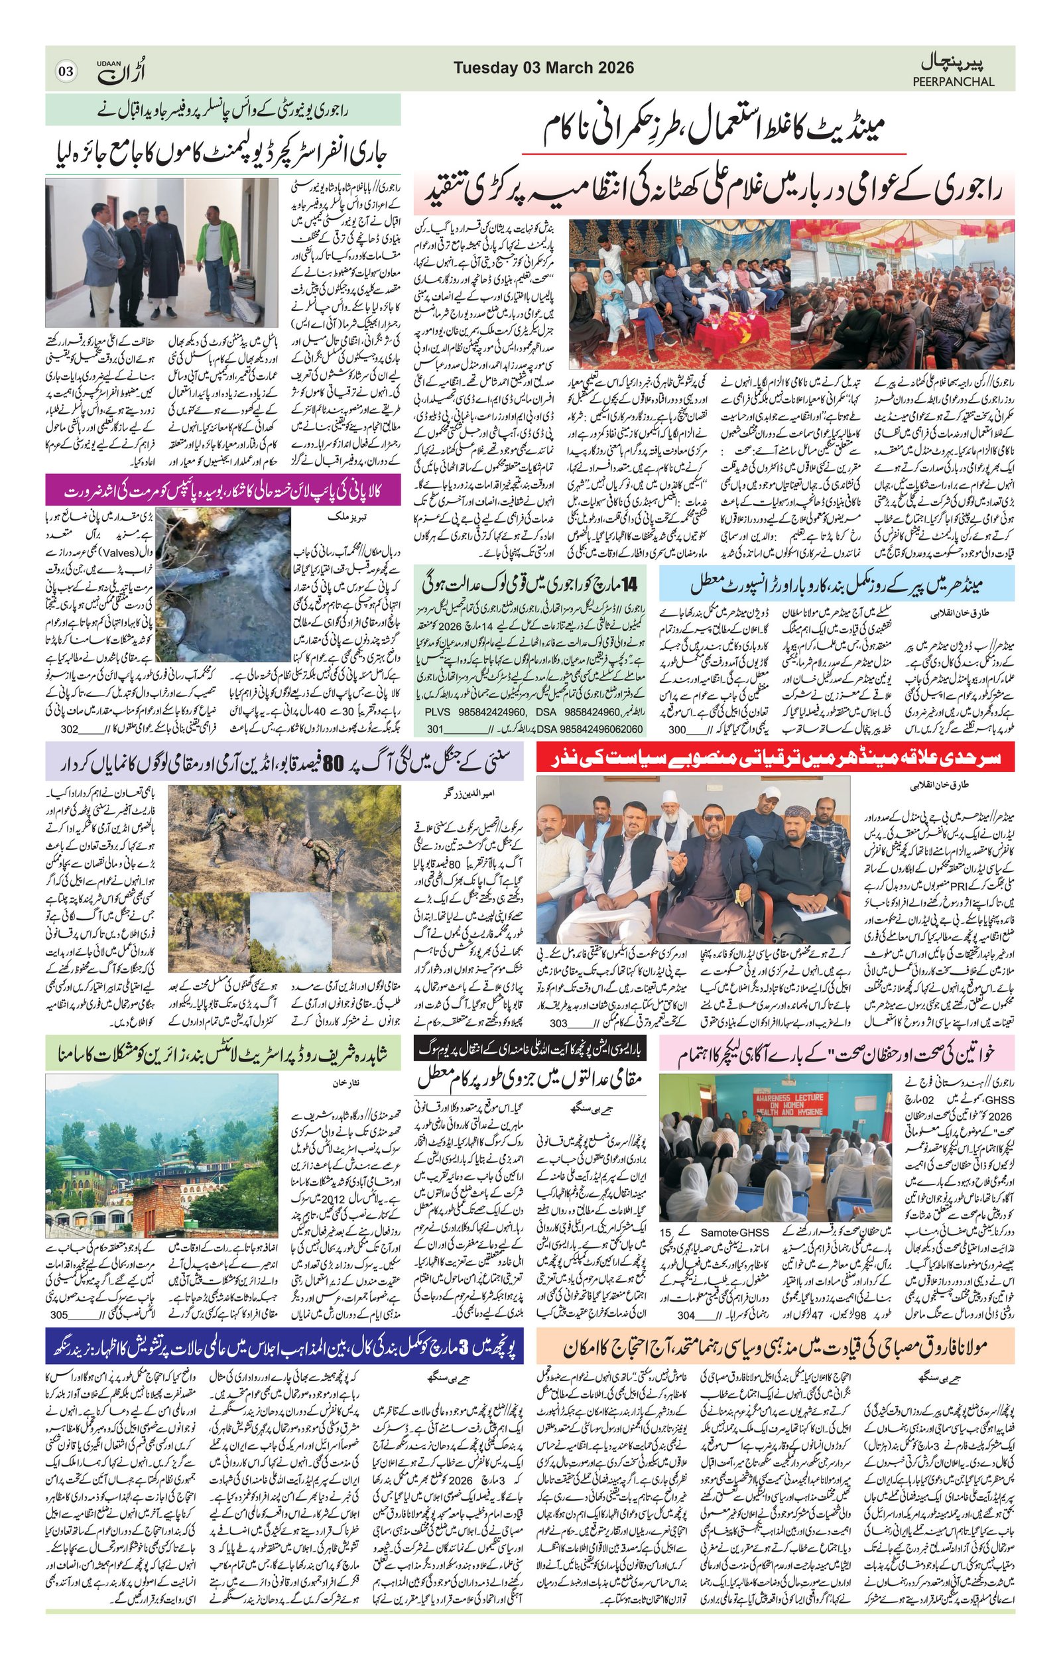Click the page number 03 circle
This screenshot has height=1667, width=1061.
click(x=66, y=70)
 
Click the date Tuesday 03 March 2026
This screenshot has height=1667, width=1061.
click(x=543, y=68)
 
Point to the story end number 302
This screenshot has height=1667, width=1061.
click(x=70, y=729)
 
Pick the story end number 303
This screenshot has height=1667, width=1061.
click(x=558, y=1024)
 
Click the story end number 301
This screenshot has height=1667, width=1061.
click(x=435, y=729)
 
